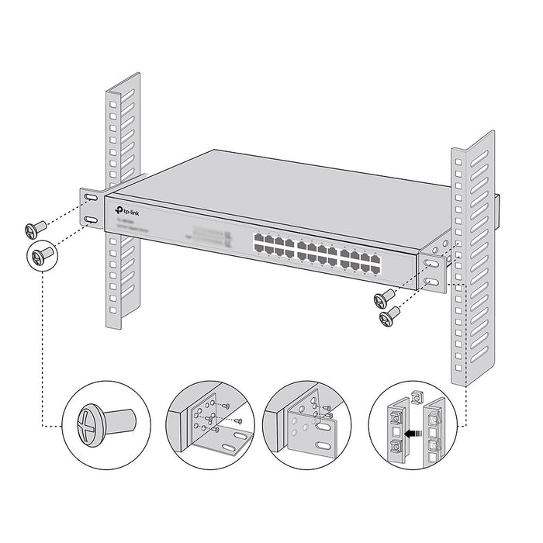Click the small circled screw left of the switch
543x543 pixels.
(x=43, y=254)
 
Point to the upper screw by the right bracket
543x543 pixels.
(x=385, y=297)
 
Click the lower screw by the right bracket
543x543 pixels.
(x=388, y=316)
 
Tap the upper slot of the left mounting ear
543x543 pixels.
(x=92, y=200)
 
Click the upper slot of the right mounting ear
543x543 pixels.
(x=431, y=264)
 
